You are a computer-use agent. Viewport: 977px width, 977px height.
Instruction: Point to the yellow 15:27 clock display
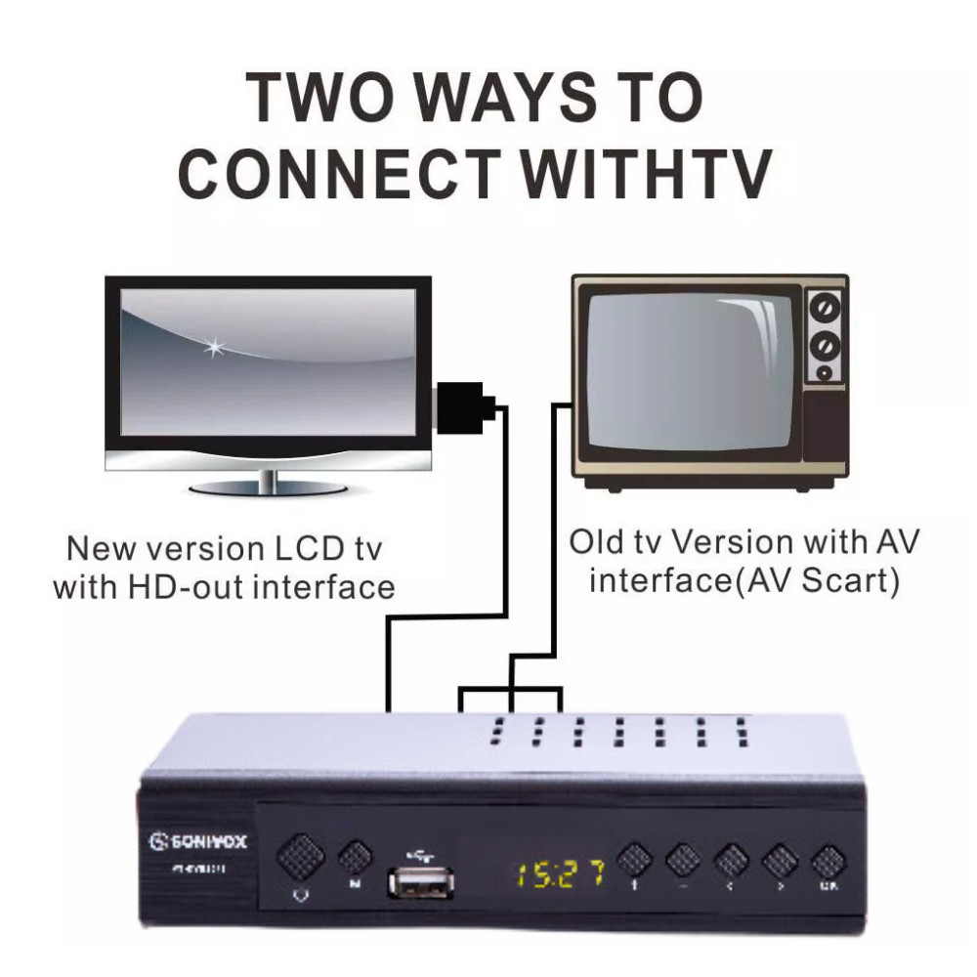559,872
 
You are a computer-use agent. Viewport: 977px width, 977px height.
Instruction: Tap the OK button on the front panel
827,863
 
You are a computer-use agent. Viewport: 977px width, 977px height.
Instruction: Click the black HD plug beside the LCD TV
463,407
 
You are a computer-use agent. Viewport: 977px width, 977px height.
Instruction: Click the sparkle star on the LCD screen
212,346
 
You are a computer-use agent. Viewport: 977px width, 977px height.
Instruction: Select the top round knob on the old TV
825,310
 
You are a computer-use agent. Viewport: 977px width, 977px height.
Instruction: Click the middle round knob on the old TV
825,344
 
